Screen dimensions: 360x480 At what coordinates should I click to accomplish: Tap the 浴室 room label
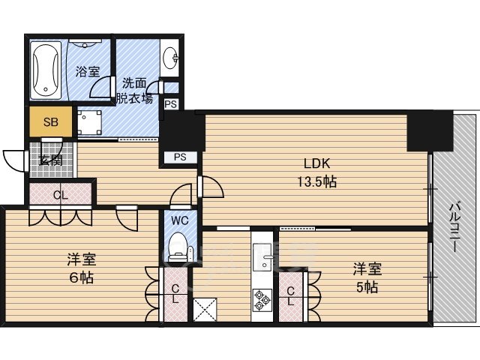tap(88, 72)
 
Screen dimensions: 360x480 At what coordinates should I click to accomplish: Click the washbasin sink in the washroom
tap(170, 58)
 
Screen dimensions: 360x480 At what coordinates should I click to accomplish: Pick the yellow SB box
tap(50, 121)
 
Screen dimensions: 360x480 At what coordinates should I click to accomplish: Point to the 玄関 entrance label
tap(51, 160)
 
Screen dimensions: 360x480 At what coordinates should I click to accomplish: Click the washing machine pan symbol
tap(89, 121)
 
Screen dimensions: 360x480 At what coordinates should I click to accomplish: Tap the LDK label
tap(316, 164)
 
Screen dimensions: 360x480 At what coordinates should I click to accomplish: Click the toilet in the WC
tap(178, 248)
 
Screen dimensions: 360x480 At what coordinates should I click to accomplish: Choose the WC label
tap(179, 221)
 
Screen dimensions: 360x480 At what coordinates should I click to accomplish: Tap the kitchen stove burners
tap(263, 300)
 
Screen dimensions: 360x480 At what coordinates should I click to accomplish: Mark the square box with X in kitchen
tap(204, 309)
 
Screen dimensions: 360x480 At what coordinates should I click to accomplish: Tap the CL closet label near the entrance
tap(61, 194)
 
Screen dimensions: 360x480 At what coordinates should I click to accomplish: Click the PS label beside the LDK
tap(180, 157)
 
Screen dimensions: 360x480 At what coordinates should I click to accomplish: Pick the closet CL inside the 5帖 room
tap(290, 295)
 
